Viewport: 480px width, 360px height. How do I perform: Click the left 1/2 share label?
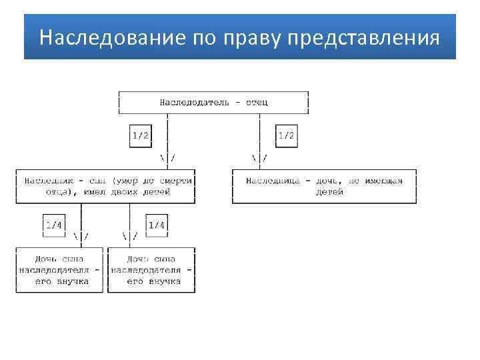141,135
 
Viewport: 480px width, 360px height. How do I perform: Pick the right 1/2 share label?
286,135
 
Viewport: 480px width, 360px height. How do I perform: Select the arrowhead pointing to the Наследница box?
259,158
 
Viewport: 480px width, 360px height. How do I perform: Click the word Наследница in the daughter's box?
271,181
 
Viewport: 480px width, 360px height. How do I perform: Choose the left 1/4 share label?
53,225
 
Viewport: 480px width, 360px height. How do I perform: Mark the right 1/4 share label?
157,225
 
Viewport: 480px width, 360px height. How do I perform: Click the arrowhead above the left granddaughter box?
81,237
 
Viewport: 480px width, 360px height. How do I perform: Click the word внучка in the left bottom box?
72,281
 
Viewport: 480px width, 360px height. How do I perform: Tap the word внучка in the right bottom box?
164,281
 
